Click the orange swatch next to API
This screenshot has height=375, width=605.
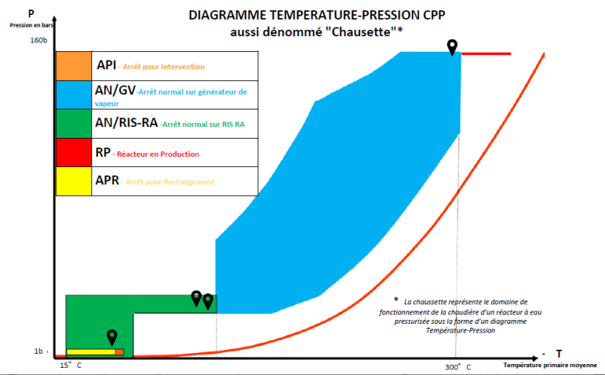tap(74, 65)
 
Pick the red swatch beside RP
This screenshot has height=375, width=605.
tap(74, 152)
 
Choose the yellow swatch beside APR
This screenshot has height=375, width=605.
tap(74, 180)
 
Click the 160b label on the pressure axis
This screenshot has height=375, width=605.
tap(39, 39)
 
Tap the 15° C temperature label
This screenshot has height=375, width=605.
tap(71, 366)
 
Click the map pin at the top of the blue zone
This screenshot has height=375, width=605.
tap(452, 46)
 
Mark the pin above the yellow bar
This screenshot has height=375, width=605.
tap(113, 337)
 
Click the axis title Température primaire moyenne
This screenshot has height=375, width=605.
tap(551, 366)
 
